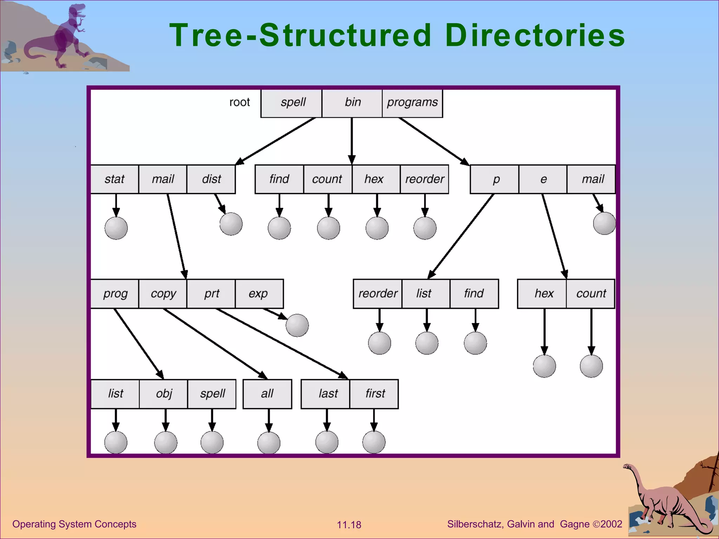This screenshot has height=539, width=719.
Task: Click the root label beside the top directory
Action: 239,102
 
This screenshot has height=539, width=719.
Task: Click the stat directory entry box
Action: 114,179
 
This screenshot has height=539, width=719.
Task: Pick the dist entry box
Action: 211,179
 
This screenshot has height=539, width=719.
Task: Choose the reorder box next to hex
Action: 424,179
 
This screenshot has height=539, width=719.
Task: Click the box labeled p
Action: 495,179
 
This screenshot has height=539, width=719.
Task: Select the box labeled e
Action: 543,179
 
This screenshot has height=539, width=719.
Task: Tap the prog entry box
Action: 115,294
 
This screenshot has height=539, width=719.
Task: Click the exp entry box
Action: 259,294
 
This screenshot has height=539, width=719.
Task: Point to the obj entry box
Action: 164,394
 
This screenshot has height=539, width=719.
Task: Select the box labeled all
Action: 267,394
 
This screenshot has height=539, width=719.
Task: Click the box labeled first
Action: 374,394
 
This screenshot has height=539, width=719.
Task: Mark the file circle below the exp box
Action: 297,325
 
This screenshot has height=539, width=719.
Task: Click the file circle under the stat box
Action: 116,228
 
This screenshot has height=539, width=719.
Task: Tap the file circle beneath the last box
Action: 327,442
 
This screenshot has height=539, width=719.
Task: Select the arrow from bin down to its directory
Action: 352,140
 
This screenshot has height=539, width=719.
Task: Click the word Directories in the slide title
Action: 535,35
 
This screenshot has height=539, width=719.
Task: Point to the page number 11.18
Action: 349,525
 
